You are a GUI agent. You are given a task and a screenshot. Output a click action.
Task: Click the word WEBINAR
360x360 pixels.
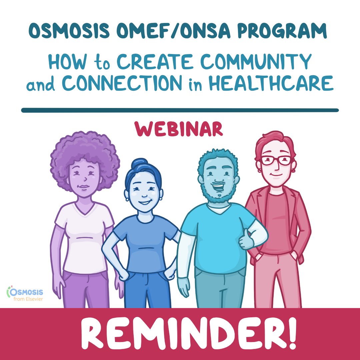pyautogui.click(x=179, y=129)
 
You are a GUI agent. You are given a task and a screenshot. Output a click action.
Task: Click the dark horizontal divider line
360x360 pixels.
pyautogui.click(x=180, y=110)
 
